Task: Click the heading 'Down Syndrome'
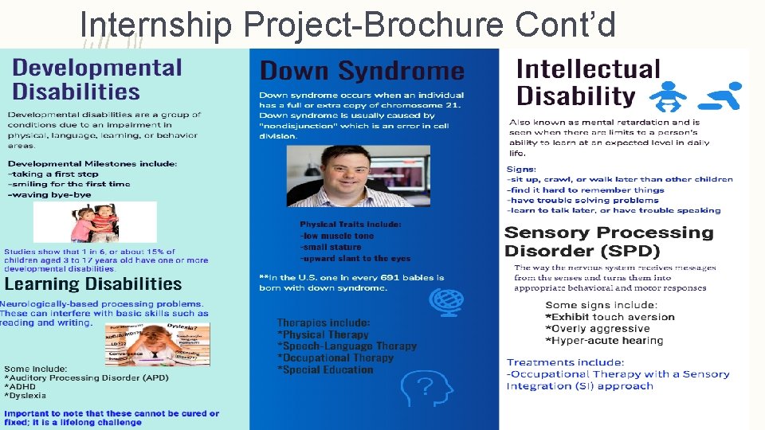point(362,71)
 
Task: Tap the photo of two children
point(95,222)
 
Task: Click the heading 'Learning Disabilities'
point(93,284)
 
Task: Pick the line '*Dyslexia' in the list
point(25,395)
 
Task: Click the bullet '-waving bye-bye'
point(49,194)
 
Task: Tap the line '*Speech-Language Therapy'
point(347,346)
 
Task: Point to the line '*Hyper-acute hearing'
point(604,341)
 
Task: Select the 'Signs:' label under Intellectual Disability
point(522,169)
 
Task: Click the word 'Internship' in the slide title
point(156,25)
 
